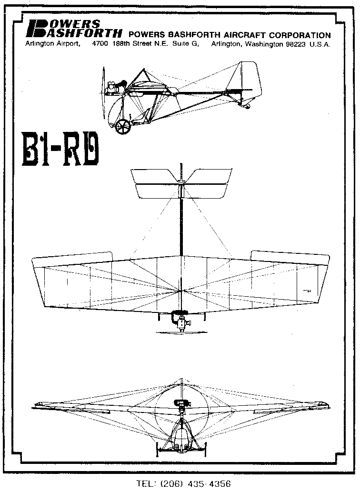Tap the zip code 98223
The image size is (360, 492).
(x=295, y=44)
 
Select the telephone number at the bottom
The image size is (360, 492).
(x=183, y=483)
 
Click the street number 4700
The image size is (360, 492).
(x=100, y=44)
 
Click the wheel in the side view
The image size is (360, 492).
(x=122, y=127)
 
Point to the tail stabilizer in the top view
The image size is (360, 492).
(x=181, y=183)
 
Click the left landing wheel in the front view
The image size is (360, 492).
(x=157, y=450)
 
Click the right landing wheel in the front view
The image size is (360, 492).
(x=206, y=450)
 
